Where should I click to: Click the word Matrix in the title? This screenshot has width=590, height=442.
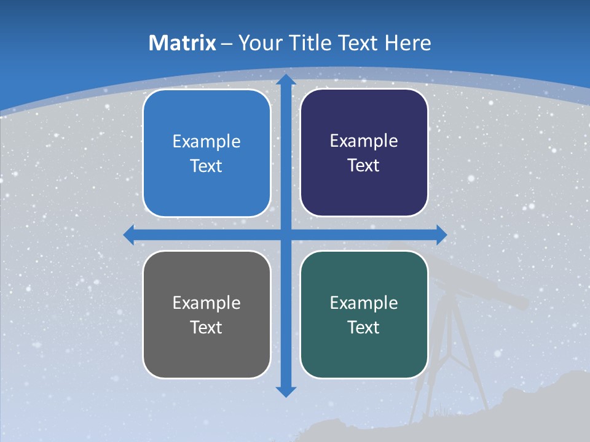pyautogui.click(x=183, y=43)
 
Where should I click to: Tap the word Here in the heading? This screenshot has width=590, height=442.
pyautogui.click(x=407, y=43)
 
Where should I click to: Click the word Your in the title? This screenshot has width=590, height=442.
pyautogui.click(x=258, y=43)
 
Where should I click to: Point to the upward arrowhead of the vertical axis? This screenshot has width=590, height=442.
pyautogui.click(x=285, y=80)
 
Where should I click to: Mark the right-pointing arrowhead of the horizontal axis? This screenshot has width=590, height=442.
pyautogui.click(x=441, y=235)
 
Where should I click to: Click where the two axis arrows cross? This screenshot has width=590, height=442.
pyautogui.click(x=285, y=235)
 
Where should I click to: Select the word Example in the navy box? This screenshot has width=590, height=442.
pyautogui.click(x=364, y=141)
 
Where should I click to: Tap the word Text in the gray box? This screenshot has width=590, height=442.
pyautogui.click(x=206, y=327)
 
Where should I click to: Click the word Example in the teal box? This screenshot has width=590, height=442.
pyautogui.click(x=364, y=303)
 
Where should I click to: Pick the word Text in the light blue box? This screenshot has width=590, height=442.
pyautogui.click(x=206, y=166)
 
